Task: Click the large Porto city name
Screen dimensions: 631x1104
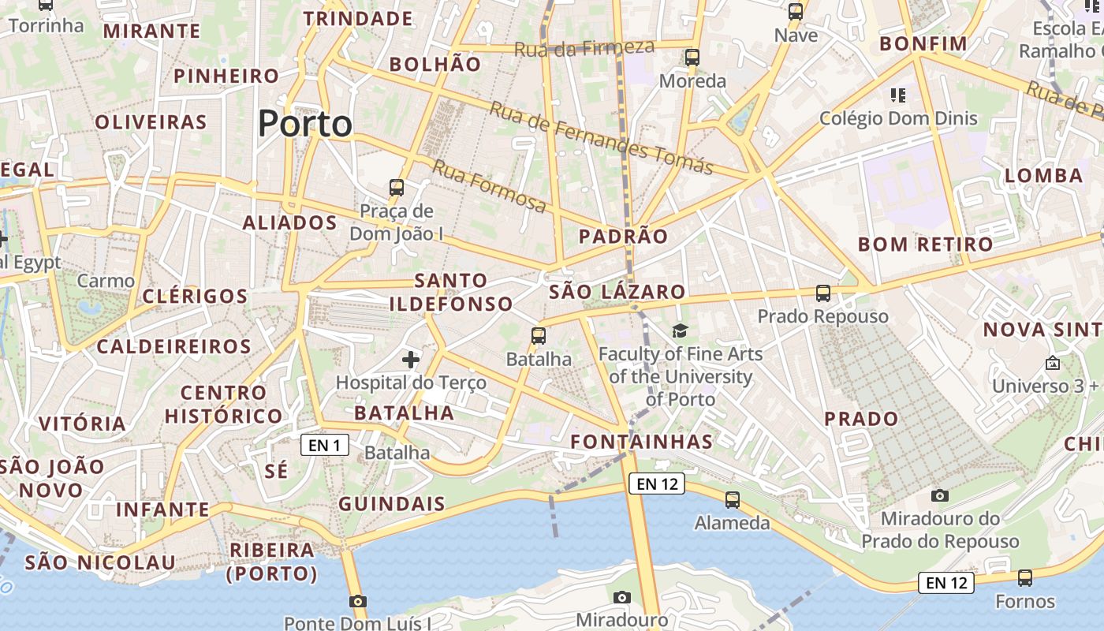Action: click(304, 124)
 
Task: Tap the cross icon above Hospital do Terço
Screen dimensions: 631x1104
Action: click(411, 360)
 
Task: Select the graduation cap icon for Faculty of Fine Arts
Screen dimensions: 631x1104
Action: click(680, 330)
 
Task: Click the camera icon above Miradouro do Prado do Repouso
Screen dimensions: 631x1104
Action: click(939, 495)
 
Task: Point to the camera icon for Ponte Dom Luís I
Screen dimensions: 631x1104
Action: click(357, 602)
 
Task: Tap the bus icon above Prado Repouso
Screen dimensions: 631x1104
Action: click(823, 293)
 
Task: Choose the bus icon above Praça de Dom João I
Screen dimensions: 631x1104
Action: click(397, 188)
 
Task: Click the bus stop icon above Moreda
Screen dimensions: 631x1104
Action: click(692, 58)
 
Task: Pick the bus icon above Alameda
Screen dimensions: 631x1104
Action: click(733, 499)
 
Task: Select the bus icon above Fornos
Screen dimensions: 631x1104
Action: click(1024, 578)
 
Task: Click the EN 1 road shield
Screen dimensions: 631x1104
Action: click(324, 446)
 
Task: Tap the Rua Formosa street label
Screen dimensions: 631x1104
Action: click(489, 186)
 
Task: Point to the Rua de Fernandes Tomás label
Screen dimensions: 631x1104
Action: click(601, 137)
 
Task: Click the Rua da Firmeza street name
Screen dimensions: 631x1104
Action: click(584, 48)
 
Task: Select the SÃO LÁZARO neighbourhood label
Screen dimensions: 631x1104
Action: click(617, 292)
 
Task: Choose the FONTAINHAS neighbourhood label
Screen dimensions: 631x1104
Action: click(641, 442)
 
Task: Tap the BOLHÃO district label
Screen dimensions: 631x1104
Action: click(435, 65)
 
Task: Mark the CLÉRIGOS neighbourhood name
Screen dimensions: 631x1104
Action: click(195, 297)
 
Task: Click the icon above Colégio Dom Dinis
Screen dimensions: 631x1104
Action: click(897, 95)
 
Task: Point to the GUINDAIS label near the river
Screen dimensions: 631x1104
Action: click(392, 503)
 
